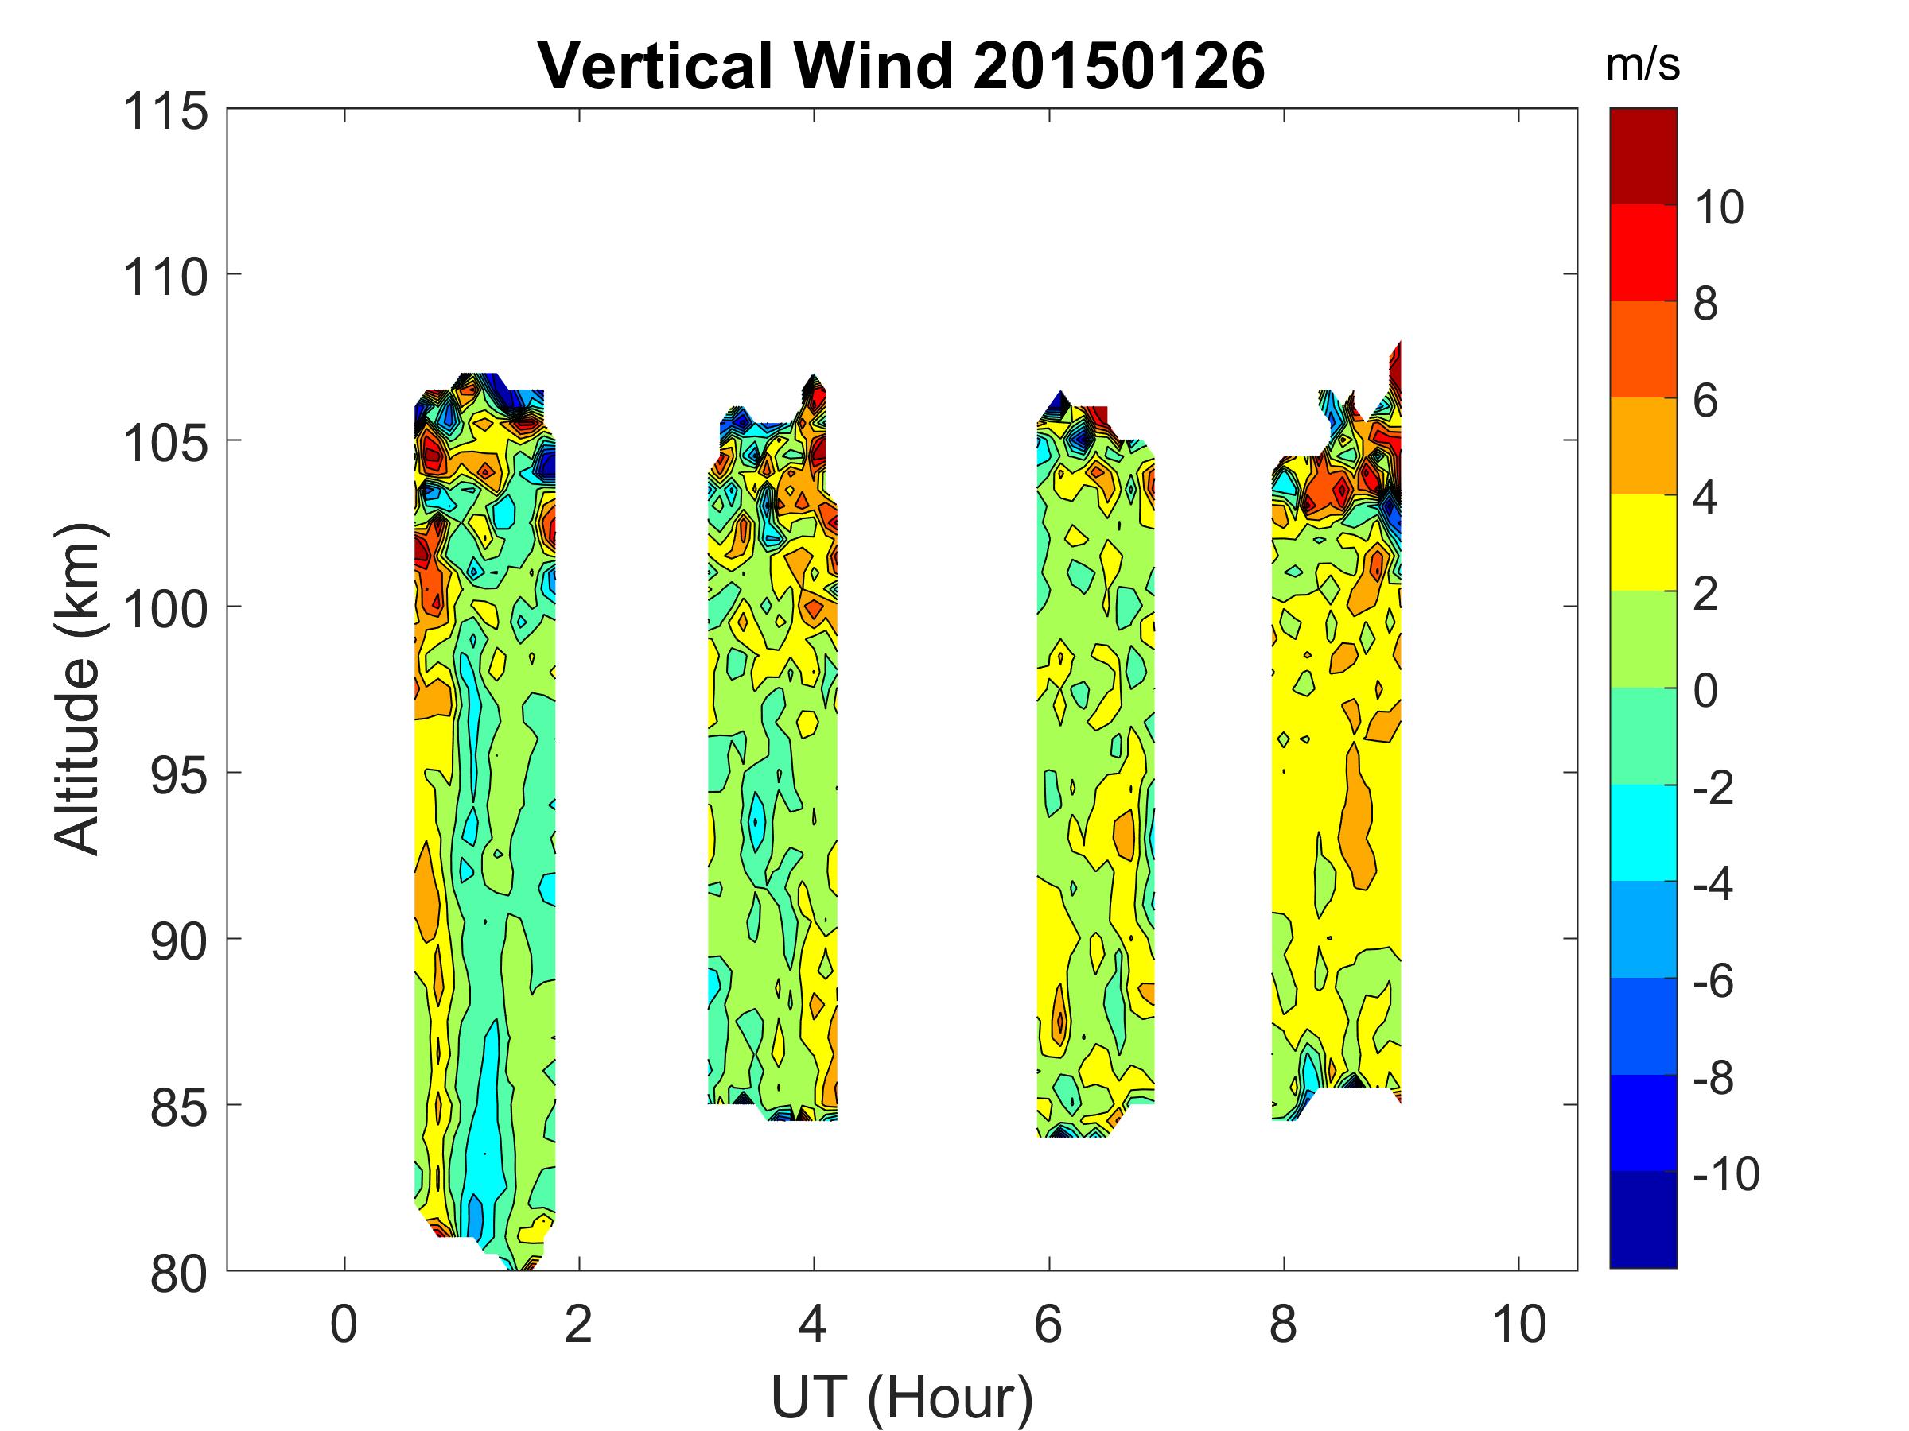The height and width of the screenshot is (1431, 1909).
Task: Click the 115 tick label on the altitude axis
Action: pos(165,112)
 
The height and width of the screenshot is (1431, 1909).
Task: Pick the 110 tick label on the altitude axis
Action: pos(165,277)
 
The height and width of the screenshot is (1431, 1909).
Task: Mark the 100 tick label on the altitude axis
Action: pos(165,610)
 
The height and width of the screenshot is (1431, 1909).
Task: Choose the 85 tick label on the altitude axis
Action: pos(179,1108)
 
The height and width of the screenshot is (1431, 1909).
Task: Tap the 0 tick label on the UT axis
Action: pos(344,1324)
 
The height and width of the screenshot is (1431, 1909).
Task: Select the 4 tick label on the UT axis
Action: pos(813,1324)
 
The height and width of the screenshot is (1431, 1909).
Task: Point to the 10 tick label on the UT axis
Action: pos(1519,1324)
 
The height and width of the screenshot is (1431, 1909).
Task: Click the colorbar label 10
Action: pos(1719,207)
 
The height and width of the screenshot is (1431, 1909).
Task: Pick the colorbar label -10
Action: pos(1725,1173)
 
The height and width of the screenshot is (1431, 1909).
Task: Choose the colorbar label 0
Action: pos(1705,690)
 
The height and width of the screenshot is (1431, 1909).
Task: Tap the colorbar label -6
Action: pos(1713,980)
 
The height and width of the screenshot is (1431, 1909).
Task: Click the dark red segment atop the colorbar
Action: pos(1643,155)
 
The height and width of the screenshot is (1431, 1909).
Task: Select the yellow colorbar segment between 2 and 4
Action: pos(1643,541)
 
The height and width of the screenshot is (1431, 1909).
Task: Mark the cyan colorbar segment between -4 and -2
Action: pos(1643,832)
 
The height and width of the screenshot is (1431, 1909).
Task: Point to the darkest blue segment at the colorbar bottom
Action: pos(1643,1219)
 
